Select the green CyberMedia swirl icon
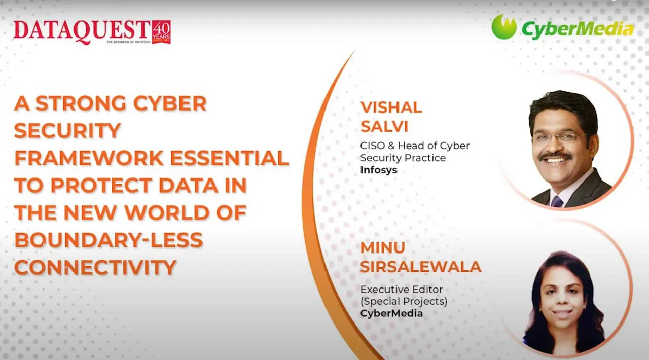pyautogui.click(x=503, y=27)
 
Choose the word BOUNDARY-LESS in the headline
pyautogui.click(x=109, y=240)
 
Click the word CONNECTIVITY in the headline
pyautogui.click(x=95, y=267)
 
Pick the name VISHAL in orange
pyautogui.click(x=391, y=107)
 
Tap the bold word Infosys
pyautogui.click(x=378, y=170)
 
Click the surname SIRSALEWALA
pyautogui.click(x=420, y=266)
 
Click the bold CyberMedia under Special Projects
pyautogui.click(x=391, y=313)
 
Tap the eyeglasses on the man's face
pyautogui.click(x=557, y=137)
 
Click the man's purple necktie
pyautogui.click(x=557, y=201)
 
